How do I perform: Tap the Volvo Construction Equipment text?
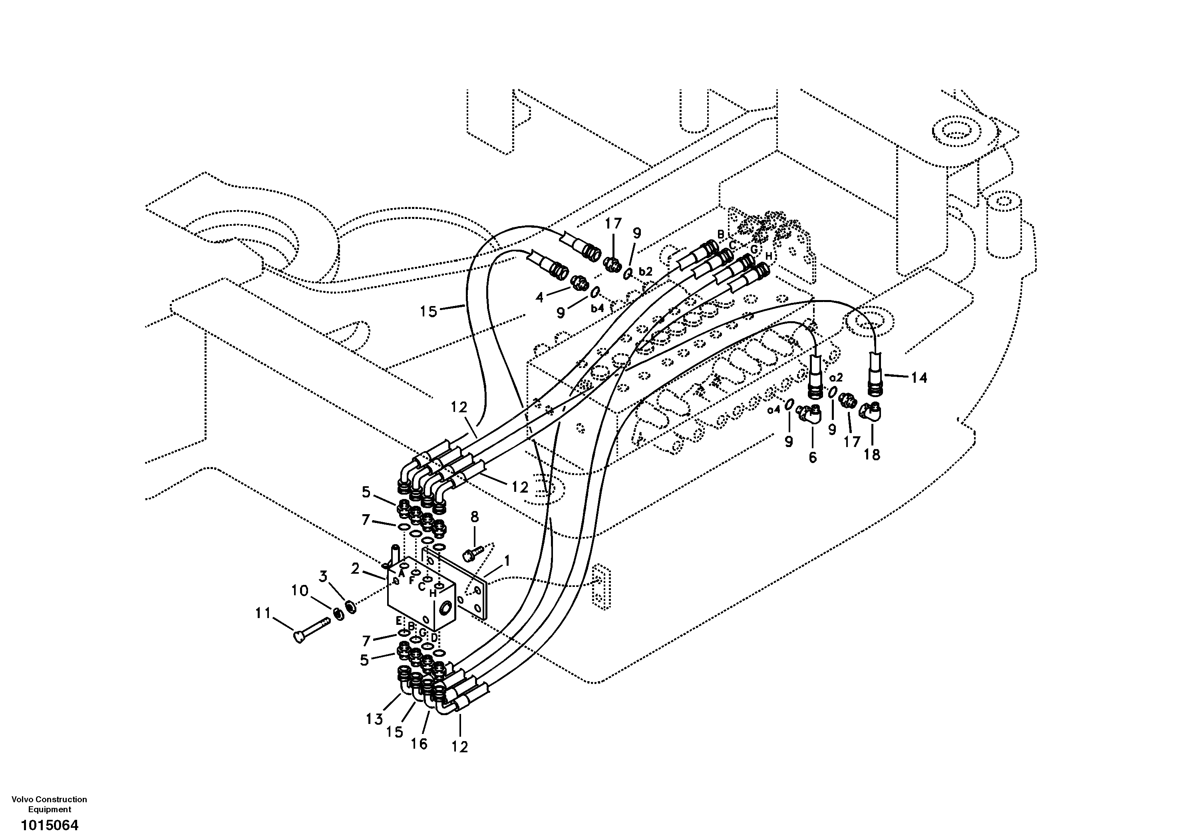click(49, 804)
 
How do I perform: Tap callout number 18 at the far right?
click(872, 455)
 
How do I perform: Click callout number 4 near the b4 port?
click(540, 297)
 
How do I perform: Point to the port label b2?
click(645, 271)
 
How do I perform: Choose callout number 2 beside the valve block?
click(355, 569)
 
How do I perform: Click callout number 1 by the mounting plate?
click(507, 561)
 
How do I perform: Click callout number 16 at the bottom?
click(419, 744)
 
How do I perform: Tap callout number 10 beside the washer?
click(300, 590)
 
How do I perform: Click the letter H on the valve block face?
click(432, 594)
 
